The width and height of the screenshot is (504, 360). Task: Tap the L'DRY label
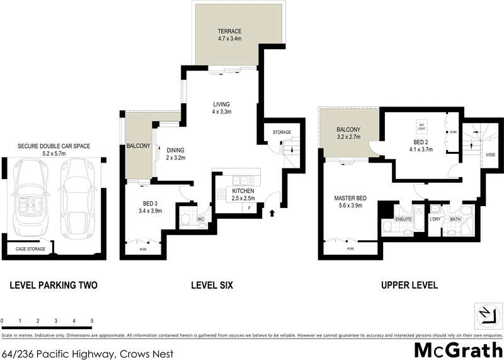[435, 219]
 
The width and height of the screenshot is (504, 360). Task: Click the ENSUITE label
[403, 219]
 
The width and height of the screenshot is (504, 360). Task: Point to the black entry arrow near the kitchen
[272, 213]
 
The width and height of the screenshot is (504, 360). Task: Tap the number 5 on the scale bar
[92, 321]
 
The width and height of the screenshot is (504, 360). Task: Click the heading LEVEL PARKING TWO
[54, 286]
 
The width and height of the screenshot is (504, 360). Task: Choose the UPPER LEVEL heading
[409, 286]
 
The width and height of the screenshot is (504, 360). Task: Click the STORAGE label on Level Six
[281, 132]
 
